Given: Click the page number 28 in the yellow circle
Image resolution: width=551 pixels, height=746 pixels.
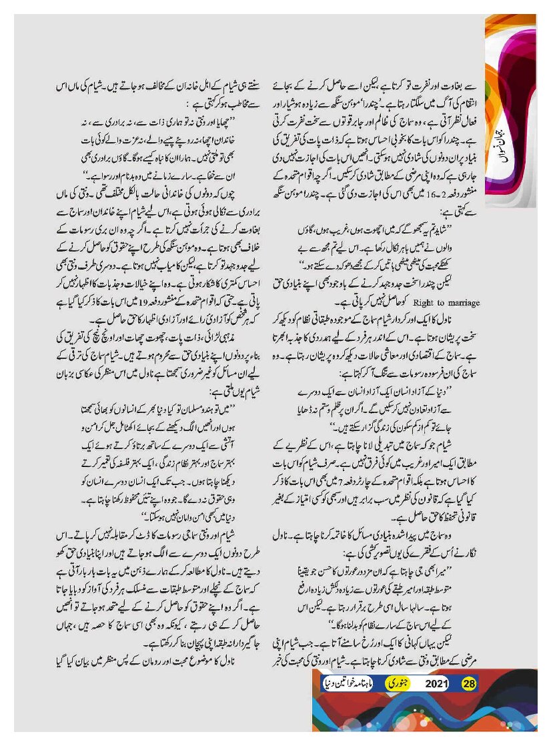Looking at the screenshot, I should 469,683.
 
